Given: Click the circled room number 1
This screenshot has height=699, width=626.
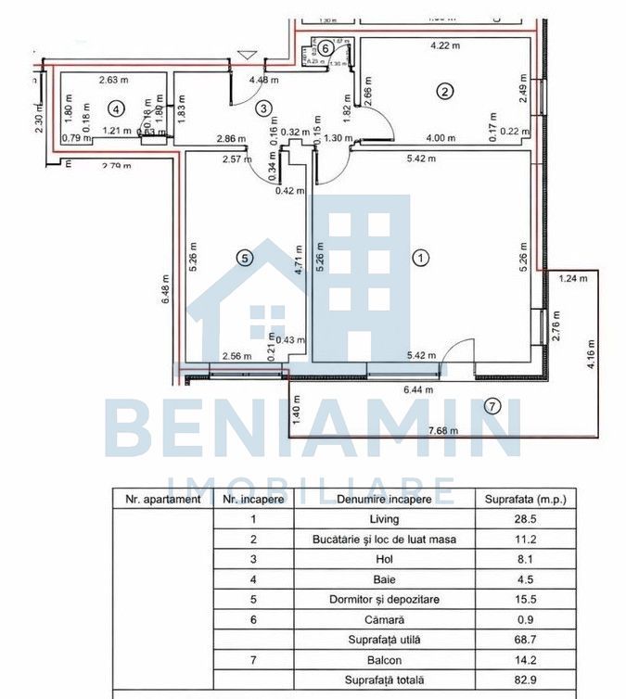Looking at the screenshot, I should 421,258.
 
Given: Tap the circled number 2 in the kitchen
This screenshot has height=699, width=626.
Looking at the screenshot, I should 445,91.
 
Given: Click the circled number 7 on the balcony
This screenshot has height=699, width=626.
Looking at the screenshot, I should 492,405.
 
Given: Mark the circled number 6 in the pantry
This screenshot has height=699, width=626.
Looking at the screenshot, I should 326,48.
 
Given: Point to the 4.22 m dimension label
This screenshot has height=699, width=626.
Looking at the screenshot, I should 445,44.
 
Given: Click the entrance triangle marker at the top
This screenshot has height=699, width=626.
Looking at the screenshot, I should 245,57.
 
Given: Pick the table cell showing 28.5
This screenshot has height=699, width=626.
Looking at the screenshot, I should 525,519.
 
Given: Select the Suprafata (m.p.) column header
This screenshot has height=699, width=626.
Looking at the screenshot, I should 525,499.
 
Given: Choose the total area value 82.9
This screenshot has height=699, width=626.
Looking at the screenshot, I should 525,680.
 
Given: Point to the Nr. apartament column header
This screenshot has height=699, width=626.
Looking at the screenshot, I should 162,499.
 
